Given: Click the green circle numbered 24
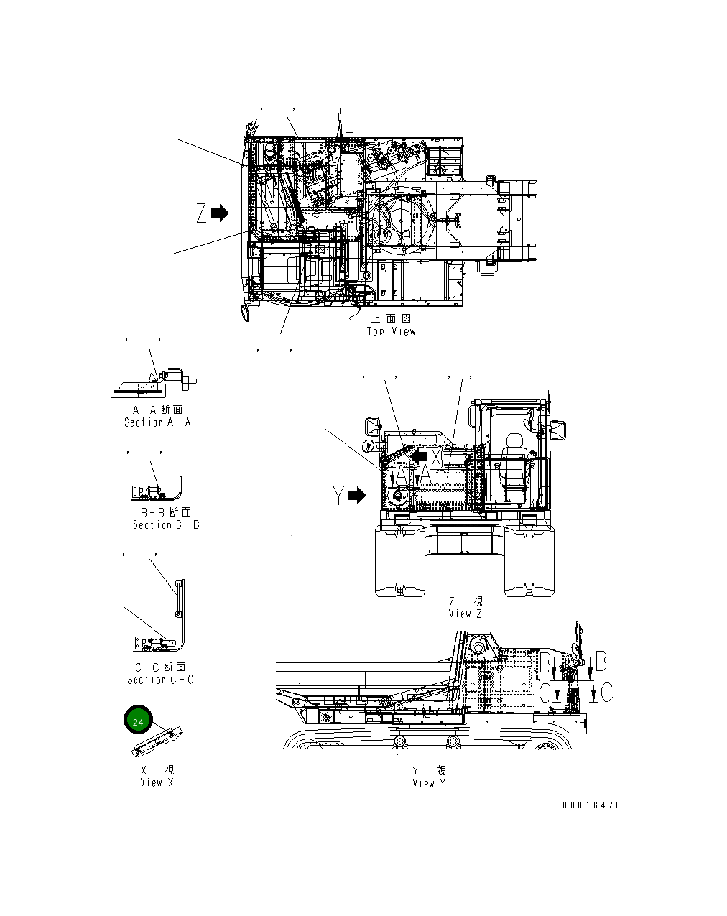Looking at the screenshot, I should tap(139, 721).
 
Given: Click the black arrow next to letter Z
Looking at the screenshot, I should tap(220, 213).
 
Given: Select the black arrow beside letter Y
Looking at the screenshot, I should tap(357, 496).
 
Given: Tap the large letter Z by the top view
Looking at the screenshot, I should tap(202, 213).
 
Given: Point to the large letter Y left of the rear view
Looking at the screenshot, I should tap(338, 496).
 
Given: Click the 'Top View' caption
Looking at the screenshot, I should tap(391, 331).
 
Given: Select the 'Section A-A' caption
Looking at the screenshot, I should tap(157, 422).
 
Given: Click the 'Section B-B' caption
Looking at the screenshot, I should tap(166, 524).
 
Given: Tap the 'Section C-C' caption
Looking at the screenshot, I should tap(160, 679).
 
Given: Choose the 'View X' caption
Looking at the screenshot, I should tap(157, 782).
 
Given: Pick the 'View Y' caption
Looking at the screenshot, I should tap(429, 782).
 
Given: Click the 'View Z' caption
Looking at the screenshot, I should tap(466, 614).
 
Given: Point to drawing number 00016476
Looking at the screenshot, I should tap(591, 805).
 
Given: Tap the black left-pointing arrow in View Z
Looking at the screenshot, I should tap(419, 455).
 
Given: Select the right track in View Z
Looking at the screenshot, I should tap(530, 560).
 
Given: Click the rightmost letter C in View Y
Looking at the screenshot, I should tap(606, 693).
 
